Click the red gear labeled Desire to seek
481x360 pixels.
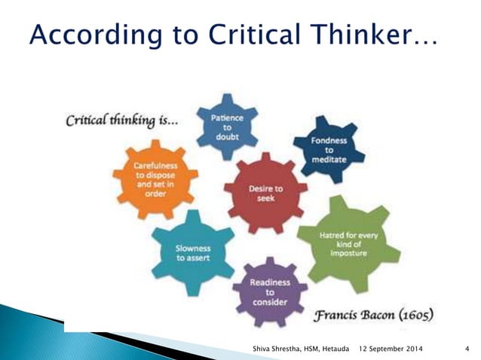point(265,194)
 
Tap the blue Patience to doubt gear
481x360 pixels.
point(227,127)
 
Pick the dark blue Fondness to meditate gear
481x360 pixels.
point(327,148)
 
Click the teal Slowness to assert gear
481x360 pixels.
point(193,252)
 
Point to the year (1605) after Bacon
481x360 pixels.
point(411,313)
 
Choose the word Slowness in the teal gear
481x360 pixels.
point(193,248)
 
